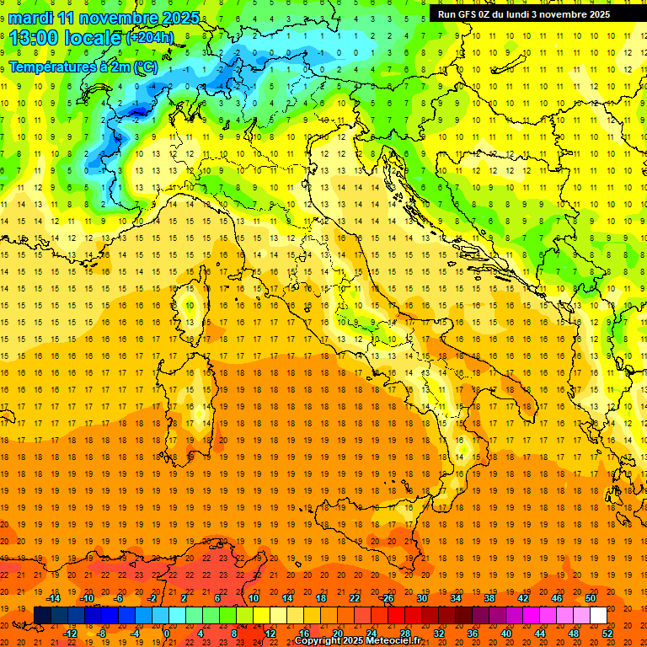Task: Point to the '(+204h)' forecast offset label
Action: (149, 37)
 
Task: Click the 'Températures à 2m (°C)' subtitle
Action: (83, 67)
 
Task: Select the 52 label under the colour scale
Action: (607, 634)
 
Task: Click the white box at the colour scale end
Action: (598, 616)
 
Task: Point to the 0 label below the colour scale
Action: (167, 634)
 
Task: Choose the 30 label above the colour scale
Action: (421, 598)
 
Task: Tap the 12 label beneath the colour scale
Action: (270, 634)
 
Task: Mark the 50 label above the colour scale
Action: (591, 598)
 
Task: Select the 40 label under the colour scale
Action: (506, 634)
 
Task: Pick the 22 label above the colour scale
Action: (354, 598)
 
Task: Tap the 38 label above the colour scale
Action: (489, 598)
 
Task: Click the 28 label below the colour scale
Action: (404, 634)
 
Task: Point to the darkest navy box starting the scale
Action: (42, 616)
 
